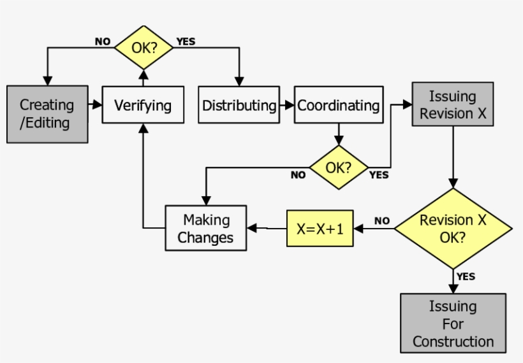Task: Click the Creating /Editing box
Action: tap(47, 114)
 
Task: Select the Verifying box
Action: tap(144, 105)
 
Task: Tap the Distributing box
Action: tap(239, 105)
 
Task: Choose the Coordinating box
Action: tap(339, 105)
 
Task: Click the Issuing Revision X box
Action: tap(452, 105)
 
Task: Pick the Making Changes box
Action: tap(206, 229)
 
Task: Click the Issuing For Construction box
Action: tap(453, 323)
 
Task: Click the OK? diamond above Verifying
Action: tap(144, 47)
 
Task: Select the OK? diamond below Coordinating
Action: tap(339, 168)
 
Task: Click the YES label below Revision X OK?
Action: tap(466, 276)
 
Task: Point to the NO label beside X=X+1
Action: tap(381, 220)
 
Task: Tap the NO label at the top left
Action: tap(103, 41)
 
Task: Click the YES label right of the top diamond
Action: tap(186, 41)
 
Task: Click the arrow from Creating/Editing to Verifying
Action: tap(96, 105)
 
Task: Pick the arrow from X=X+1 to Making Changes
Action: tap(266, 228)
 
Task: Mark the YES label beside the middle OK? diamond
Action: tap(379, 175)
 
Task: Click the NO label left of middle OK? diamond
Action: tap(298, 175)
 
